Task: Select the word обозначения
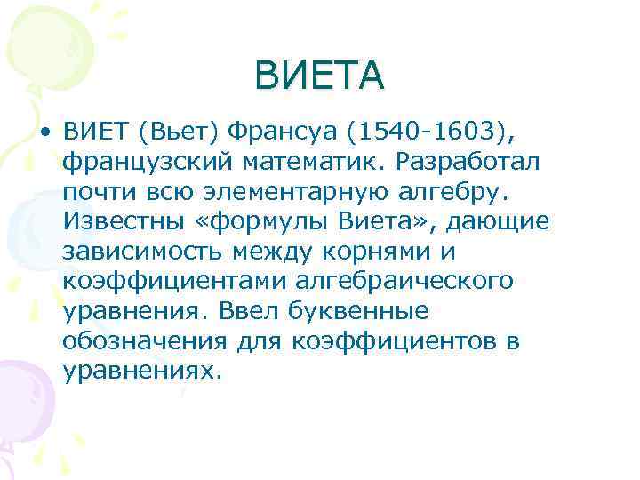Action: pyautogui.click(x=145, y=341)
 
